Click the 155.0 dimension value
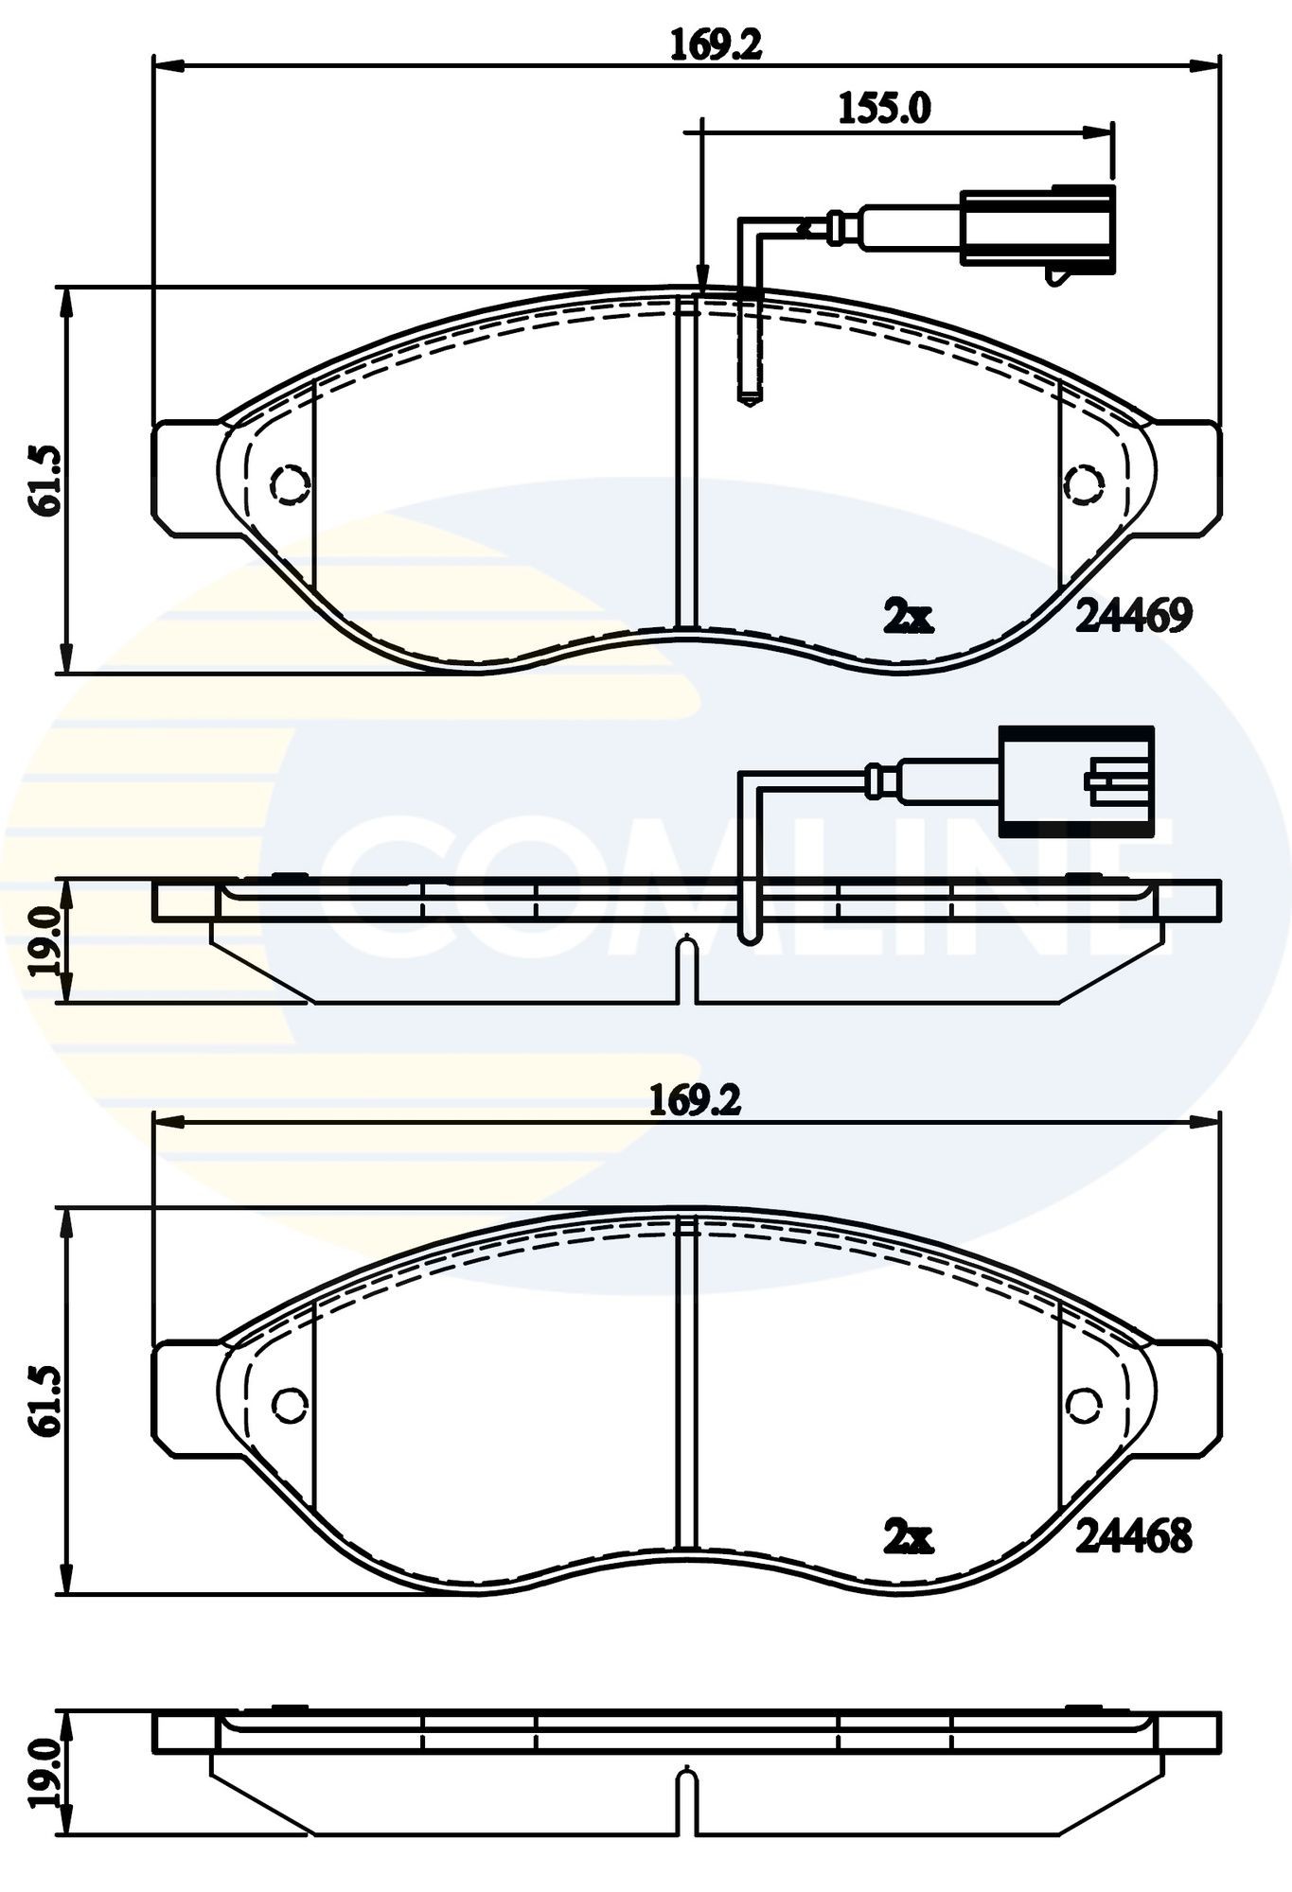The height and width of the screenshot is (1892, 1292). tap(884, 109)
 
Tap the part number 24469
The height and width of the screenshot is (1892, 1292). tap(1134, 617)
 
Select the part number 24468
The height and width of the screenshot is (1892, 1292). tap(1134, 1537)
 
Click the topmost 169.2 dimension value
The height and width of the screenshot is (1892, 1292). tap(716, 45)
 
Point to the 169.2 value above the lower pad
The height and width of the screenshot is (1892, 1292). tap(695, 1100)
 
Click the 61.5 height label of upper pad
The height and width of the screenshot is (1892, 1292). tap(46, 480)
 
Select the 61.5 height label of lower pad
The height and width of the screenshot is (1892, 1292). tap(46, 1401)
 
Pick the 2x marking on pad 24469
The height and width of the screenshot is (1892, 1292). tap(908, 618)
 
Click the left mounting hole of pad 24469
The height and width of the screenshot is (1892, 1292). tap(291, 483)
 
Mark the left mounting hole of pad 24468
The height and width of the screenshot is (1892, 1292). tap(291, 1404)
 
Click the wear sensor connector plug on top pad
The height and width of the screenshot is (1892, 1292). tap(1037, 228)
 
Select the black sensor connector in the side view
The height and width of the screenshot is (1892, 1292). tap(1076, 781)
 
